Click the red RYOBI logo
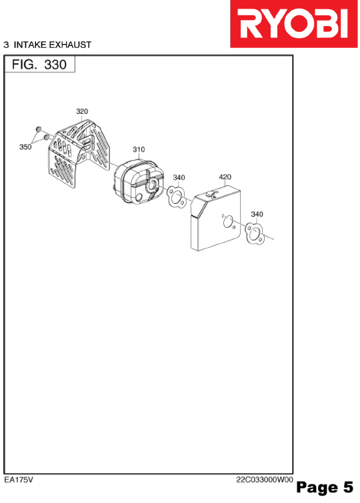(x=293, y=24)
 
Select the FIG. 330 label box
(x=39, y=64)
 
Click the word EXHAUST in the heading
(x=70, y=45)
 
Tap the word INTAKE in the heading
(x=30, y=45)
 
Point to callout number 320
(x=82, y=111)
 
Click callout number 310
(x=139, y=149)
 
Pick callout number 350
(x=25, y=147)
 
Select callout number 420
(x=225, y=177)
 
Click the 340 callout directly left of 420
(x=179, y=177)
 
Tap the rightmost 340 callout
(x=257, y=214)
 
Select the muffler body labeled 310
(x=139, y=182)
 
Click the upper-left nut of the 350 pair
(x=38, y=129)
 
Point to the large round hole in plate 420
(x=228, y=221)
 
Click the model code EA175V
(x=19, y=480)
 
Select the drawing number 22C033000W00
(x=265, y=480)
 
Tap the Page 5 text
(x=325, y=487)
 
